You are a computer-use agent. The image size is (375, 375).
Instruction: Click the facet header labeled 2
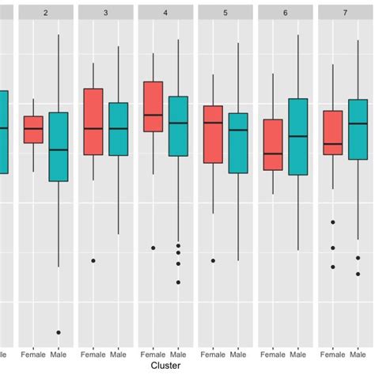point(46,13)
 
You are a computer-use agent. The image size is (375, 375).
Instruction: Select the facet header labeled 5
point(225,13)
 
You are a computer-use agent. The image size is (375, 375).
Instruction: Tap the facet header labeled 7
point(346,13)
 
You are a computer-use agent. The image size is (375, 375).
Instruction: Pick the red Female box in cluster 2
point(33,130)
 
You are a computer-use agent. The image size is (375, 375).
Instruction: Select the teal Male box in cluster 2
point(59,146)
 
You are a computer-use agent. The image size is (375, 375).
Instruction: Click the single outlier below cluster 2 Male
point(59,332)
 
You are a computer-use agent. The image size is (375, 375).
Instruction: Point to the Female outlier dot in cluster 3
point(93,260)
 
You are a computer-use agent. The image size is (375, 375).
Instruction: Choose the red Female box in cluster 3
point(93,122)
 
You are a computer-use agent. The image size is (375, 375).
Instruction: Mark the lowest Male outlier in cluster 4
point(178,282)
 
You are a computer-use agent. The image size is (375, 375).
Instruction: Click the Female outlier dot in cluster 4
point(153,248)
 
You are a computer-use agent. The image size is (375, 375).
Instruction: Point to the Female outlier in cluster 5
point(213,260)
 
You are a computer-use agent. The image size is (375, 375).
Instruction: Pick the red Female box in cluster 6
point(273,145)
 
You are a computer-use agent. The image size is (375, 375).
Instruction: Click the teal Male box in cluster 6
point(298,136)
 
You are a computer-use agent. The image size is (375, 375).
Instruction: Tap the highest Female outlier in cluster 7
point(333,223)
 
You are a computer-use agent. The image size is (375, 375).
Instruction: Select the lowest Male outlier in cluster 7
point(358,274)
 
